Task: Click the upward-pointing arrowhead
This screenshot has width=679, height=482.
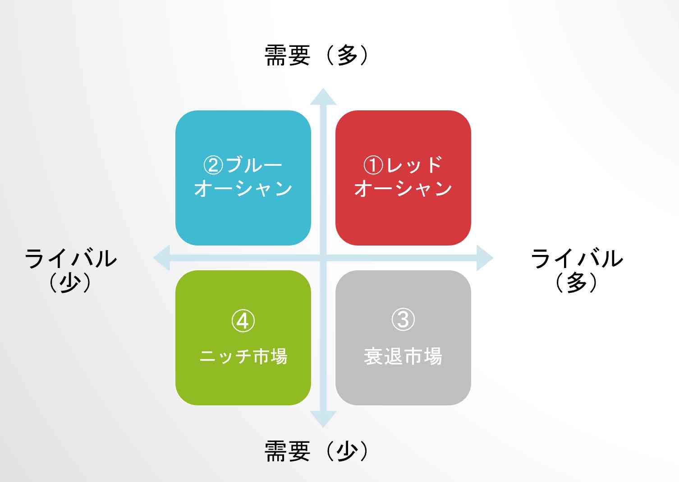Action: (x=323, y=97)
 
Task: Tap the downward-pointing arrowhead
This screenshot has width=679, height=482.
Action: (x=323, y=419)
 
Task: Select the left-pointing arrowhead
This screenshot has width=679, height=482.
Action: (x=162, y=258)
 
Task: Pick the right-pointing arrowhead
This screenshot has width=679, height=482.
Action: (x=485, y=258)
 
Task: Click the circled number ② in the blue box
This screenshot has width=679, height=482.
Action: (x=213, y=165)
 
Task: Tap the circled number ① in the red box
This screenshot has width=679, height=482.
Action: (x=373, y=165)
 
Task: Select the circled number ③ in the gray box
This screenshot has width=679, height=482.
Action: (x=403, y=319)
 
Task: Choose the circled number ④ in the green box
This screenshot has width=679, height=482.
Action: (x=243, y=321)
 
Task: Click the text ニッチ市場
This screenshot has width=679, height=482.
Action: (x=243, y=356)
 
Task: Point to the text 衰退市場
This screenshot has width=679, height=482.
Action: (x=403, y=356)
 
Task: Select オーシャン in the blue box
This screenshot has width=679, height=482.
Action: (x=243, y=188)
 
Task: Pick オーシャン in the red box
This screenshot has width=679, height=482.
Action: (x=403, y=188)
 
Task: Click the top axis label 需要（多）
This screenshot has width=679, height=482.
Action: (x=317, y=55)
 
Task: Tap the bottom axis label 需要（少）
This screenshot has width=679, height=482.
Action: (x=317, y=451)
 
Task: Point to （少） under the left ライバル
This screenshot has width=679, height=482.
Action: (x=70, y=282)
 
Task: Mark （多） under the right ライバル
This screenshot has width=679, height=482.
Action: (x=577, y=282)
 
